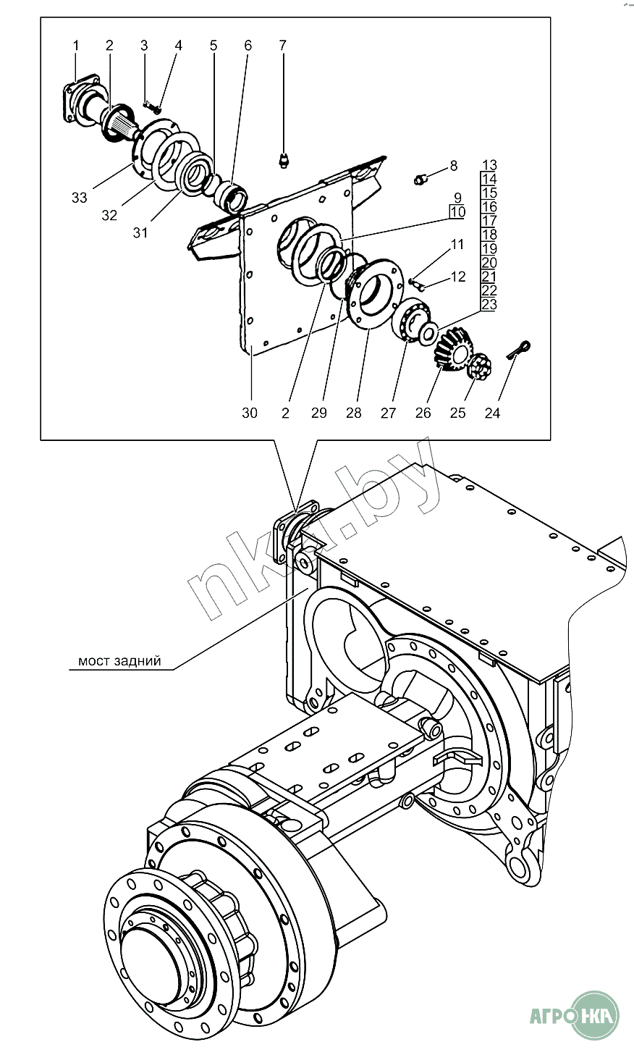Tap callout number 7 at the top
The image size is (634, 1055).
(x=283, y=46)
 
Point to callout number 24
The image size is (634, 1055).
(x=492, y=413)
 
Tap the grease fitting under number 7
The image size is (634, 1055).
(x=284, y=159)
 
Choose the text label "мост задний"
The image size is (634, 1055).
(x=119, y=661)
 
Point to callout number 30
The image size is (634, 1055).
(x=249, y=413)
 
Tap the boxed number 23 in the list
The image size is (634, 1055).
(x=489, y=305)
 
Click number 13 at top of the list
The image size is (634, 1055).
(x=489, y=164)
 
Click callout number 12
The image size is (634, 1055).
(x=458, y=276)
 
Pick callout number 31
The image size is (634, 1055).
(x=140, y=232)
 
